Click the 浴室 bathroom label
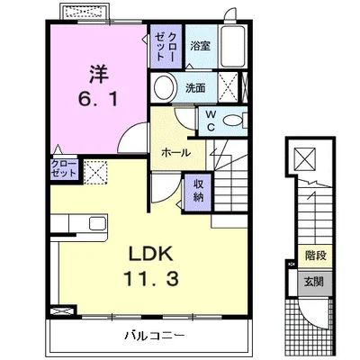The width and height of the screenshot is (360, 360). point(201,46)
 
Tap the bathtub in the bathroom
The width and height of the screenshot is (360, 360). point(232,46)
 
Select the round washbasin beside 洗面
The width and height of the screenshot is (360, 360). point(164,87)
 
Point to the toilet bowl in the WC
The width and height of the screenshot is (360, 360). point(232,121)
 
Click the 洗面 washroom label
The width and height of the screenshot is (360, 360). point(195,88)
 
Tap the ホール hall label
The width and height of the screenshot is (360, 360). point(176,153)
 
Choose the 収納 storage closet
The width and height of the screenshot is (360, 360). point(198,193)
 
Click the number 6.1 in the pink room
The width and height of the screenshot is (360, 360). point(98,99)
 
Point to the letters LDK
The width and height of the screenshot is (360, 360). point(151,254)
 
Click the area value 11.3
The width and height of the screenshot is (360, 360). point(151,278)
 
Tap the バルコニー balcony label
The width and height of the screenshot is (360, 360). point(155,335)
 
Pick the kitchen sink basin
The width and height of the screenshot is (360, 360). point(97,223)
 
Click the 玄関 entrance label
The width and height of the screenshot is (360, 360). point(314,282)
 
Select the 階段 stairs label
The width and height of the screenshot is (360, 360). point(316,256)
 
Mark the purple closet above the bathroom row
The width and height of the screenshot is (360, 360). point(166,47)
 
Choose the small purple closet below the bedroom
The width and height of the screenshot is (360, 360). point(64,169)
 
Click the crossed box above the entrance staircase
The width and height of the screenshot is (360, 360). point(305,158)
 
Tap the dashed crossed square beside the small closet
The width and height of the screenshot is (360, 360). point(95,172)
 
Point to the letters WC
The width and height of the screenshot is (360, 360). point(211,121)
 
